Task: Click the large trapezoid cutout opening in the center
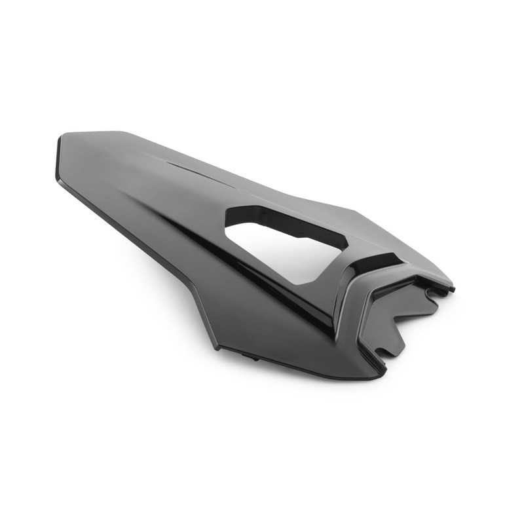pyautogui.click(x=288, y=249)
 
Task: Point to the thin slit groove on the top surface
pyautogui.click(x=190, y=166)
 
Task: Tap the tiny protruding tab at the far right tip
pyautogui.click(x=451, y=288)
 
